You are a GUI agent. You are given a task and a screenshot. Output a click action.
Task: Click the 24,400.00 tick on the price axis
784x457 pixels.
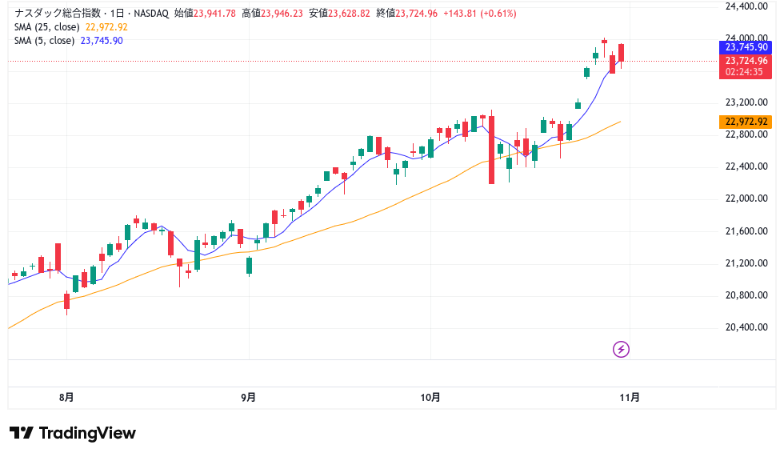point(746,6)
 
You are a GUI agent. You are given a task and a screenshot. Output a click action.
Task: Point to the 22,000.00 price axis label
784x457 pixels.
point(746,198)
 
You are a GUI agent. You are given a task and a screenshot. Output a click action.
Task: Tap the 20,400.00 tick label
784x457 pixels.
point(746,327)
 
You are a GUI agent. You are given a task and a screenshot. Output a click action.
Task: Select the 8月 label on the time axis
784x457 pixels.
point(67,396)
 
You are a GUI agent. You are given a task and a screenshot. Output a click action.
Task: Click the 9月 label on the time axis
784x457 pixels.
point(249,396)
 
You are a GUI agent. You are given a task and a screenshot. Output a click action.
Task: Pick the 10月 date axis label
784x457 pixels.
point(430,396)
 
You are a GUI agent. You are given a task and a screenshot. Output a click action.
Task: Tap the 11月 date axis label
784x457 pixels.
point(630,396)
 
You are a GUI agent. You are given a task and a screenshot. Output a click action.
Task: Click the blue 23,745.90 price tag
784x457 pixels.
point(746,48)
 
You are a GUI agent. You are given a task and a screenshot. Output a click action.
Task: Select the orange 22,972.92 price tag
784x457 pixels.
point(746,122)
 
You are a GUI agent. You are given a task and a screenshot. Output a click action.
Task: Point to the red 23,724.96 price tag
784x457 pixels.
point(746,61)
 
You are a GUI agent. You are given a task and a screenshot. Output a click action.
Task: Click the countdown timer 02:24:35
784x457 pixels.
point(743,72)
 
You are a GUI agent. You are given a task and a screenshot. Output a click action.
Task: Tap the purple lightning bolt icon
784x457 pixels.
point(622,349)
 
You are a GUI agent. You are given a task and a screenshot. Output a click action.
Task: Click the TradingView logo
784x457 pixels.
point(73,433)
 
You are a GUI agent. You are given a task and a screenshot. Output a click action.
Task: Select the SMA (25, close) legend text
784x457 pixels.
point(47,26)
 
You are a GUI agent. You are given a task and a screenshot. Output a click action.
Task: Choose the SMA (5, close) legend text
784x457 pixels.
point(45,40)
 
